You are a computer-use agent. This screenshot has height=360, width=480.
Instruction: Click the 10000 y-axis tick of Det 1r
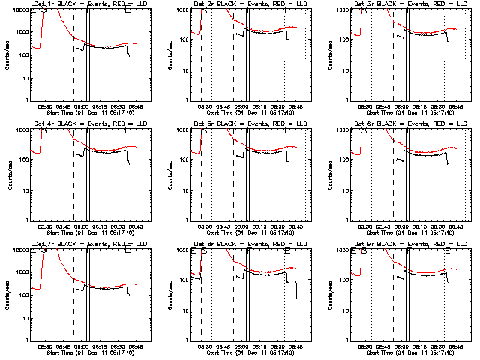[x=16, y=10]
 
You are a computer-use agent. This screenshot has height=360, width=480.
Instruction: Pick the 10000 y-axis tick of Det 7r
[x=16, y=250]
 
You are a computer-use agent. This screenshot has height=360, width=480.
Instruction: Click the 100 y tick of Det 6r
[x=342, y=160]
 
